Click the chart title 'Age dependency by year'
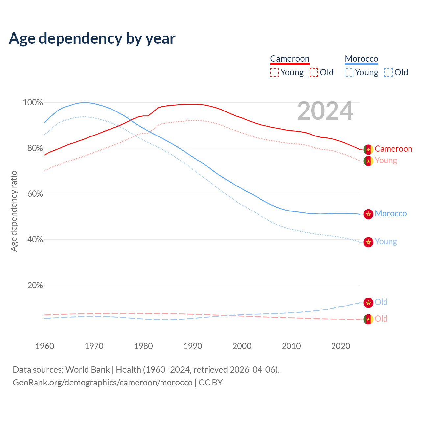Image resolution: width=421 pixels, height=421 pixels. pyautogui.click(x=92, y=38)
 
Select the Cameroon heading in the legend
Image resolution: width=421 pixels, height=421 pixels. pyautogui.click(x=290, y=59)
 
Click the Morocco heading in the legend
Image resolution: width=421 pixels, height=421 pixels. pyautogui.click(x=361, y=59)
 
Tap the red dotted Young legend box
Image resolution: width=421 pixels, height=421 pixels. pyautogui.click(x=274, y=72)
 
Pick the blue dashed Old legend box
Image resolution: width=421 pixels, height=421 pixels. pyautogui.click(x=388, y=72)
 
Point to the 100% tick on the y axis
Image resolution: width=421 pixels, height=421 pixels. pyautogui.click(x=33, y=103)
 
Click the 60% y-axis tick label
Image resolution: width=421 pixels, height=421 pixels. pyautogui.click(x=35, y=194)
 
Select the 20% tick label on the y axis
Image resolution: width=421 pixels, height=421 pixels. pyautogui.click(x=35, y=285)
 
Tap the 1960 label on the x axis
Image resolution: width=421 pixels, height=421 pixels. pyautogui.click(x=45, y=346)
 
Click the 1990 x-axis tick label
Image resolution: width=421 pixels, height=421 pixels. pyautogui.click(x=193, y=346)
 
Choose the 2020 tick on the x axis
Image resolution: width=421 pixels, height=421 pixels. pyautogui.click(x=341, y=346)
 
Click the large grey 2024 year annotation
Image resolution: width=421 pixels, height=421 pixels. pyautogui.click(x=325, y=111)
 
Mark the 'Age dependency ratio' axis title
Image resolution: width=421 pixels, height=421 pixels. pyautogui.click(x=14, y=211)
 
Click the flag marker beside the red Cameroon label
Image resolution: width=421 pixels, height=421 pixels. pyautogui.click(x=368, y=149)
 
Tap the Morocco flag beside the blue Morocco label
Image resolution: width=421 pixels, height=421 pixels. pyautogui.click(x=368, y=214)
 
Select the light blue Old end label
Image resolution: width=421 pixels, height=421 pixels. pyautogui.click(x=381, y=302)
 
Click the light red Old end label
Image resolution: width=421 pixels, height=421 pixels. pyautogui.click(x=381, y=319)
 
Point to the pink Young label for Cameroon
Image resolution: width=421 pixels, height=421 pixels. pyautogui.click(x=386, y=161)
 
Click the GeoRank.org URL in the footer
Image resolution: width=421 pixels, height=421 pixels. pyautogui.click(x=103, y=383)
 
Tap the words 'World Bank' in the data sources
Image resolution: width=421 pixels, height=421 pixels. pyautogui.click(x=87, y=370)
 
